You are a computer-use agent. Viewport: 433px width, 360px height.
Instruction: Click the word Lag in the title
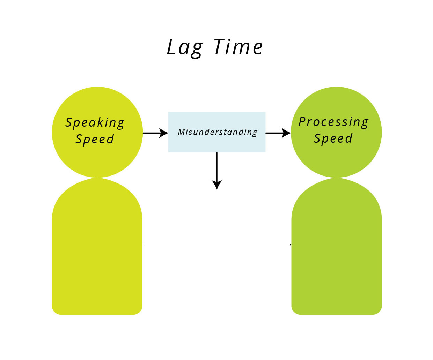[x=185, y=48]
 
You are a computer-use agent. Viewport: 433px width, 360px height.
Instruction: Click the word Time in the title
[x=238, y=47]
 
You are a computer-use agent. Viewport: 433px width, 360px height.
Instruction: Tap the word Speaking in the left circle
[x=95, y=123]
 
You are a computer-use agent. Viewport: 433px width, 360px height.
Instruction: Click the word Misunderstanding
[x=218, y=132]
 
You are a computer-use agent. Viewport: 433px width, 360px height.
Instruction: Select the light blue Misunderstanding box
[x=217, y=132]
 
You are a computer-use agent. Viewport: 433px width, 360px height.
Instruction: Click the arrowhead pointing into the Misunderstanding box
[x=164, y=133]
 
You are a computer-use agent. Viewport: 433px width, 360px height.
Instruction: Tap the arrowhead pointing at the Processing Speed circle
[x=286, y=133]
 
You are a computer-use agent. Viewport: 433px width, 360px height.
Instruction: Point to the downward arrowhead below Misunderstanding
[x=217, y=185]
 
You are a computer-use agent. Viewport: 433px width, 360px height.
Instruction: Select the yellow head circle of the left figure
[x=97, y=132]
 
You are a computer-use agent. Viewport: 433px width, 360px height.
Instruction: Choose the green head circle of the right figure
[x=336, y=132]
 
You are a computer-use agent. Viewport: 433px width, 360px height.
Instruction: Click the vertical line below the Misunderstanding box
[x=217, y=166]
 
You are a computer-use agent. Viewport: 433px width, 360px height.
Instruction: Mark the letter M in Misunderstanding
[x=182, y=132]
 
